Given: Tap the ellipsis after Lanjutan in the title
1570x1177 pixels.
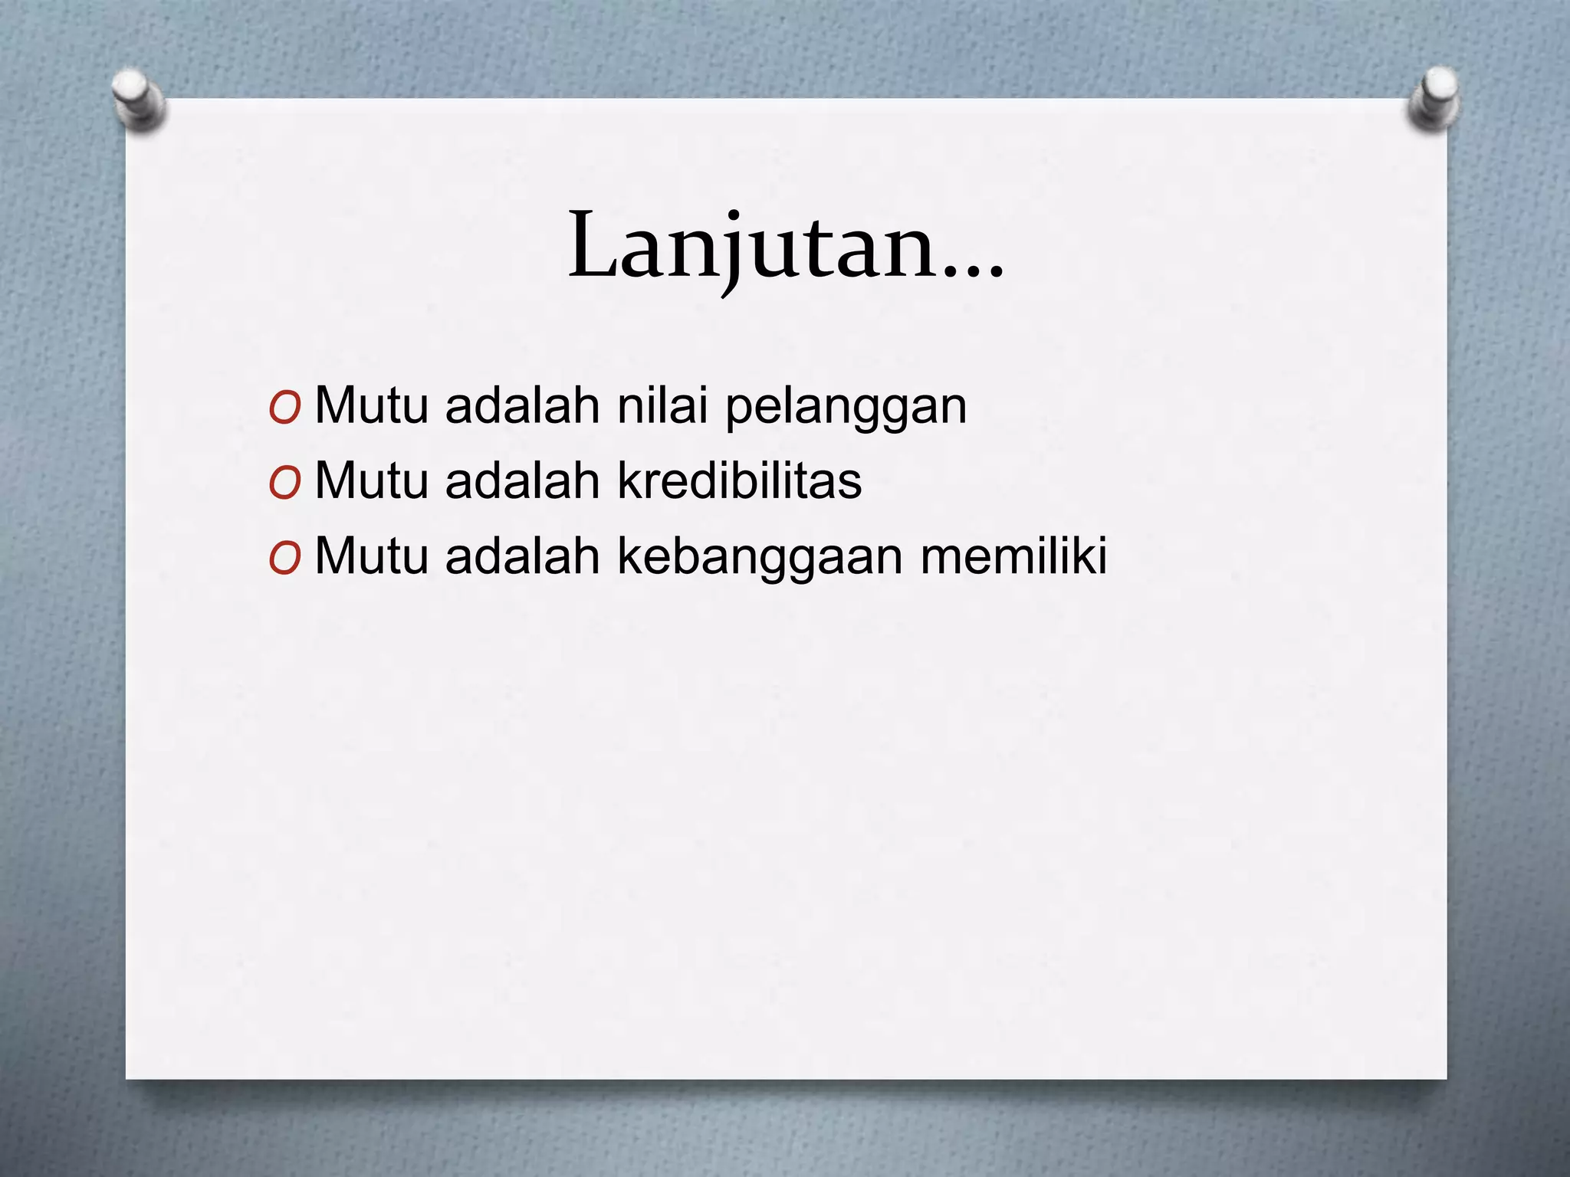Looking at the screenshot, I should (x=972, y=270).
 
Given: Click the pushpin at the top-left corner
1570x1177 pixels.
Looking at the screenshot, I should (x=138, y=100).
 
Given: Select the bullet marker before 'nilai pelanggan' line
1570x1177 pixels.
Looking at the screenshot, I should (x=284, y=409).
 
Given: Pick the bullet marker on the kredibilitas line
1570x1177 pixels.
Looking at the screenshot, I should (x=284, y=484).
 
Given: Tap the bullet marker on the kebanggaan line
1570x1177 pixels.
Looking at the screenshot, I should (x=284, y=559).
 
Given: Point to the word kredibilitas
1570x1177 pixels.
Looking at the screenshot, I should (x=739, y=480).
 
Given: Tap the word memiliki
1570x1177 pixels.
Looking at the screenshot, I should (x=1013, y=555).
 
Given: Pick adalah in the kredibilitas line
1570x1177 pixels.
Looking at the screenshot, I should (x=522, y=480).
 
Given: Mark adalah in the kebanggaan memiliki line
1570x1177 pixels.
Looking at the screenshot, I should (x=522, y=555).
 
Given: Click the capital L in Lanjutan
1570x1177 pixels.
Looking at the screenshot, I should (x=593, y=245).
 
